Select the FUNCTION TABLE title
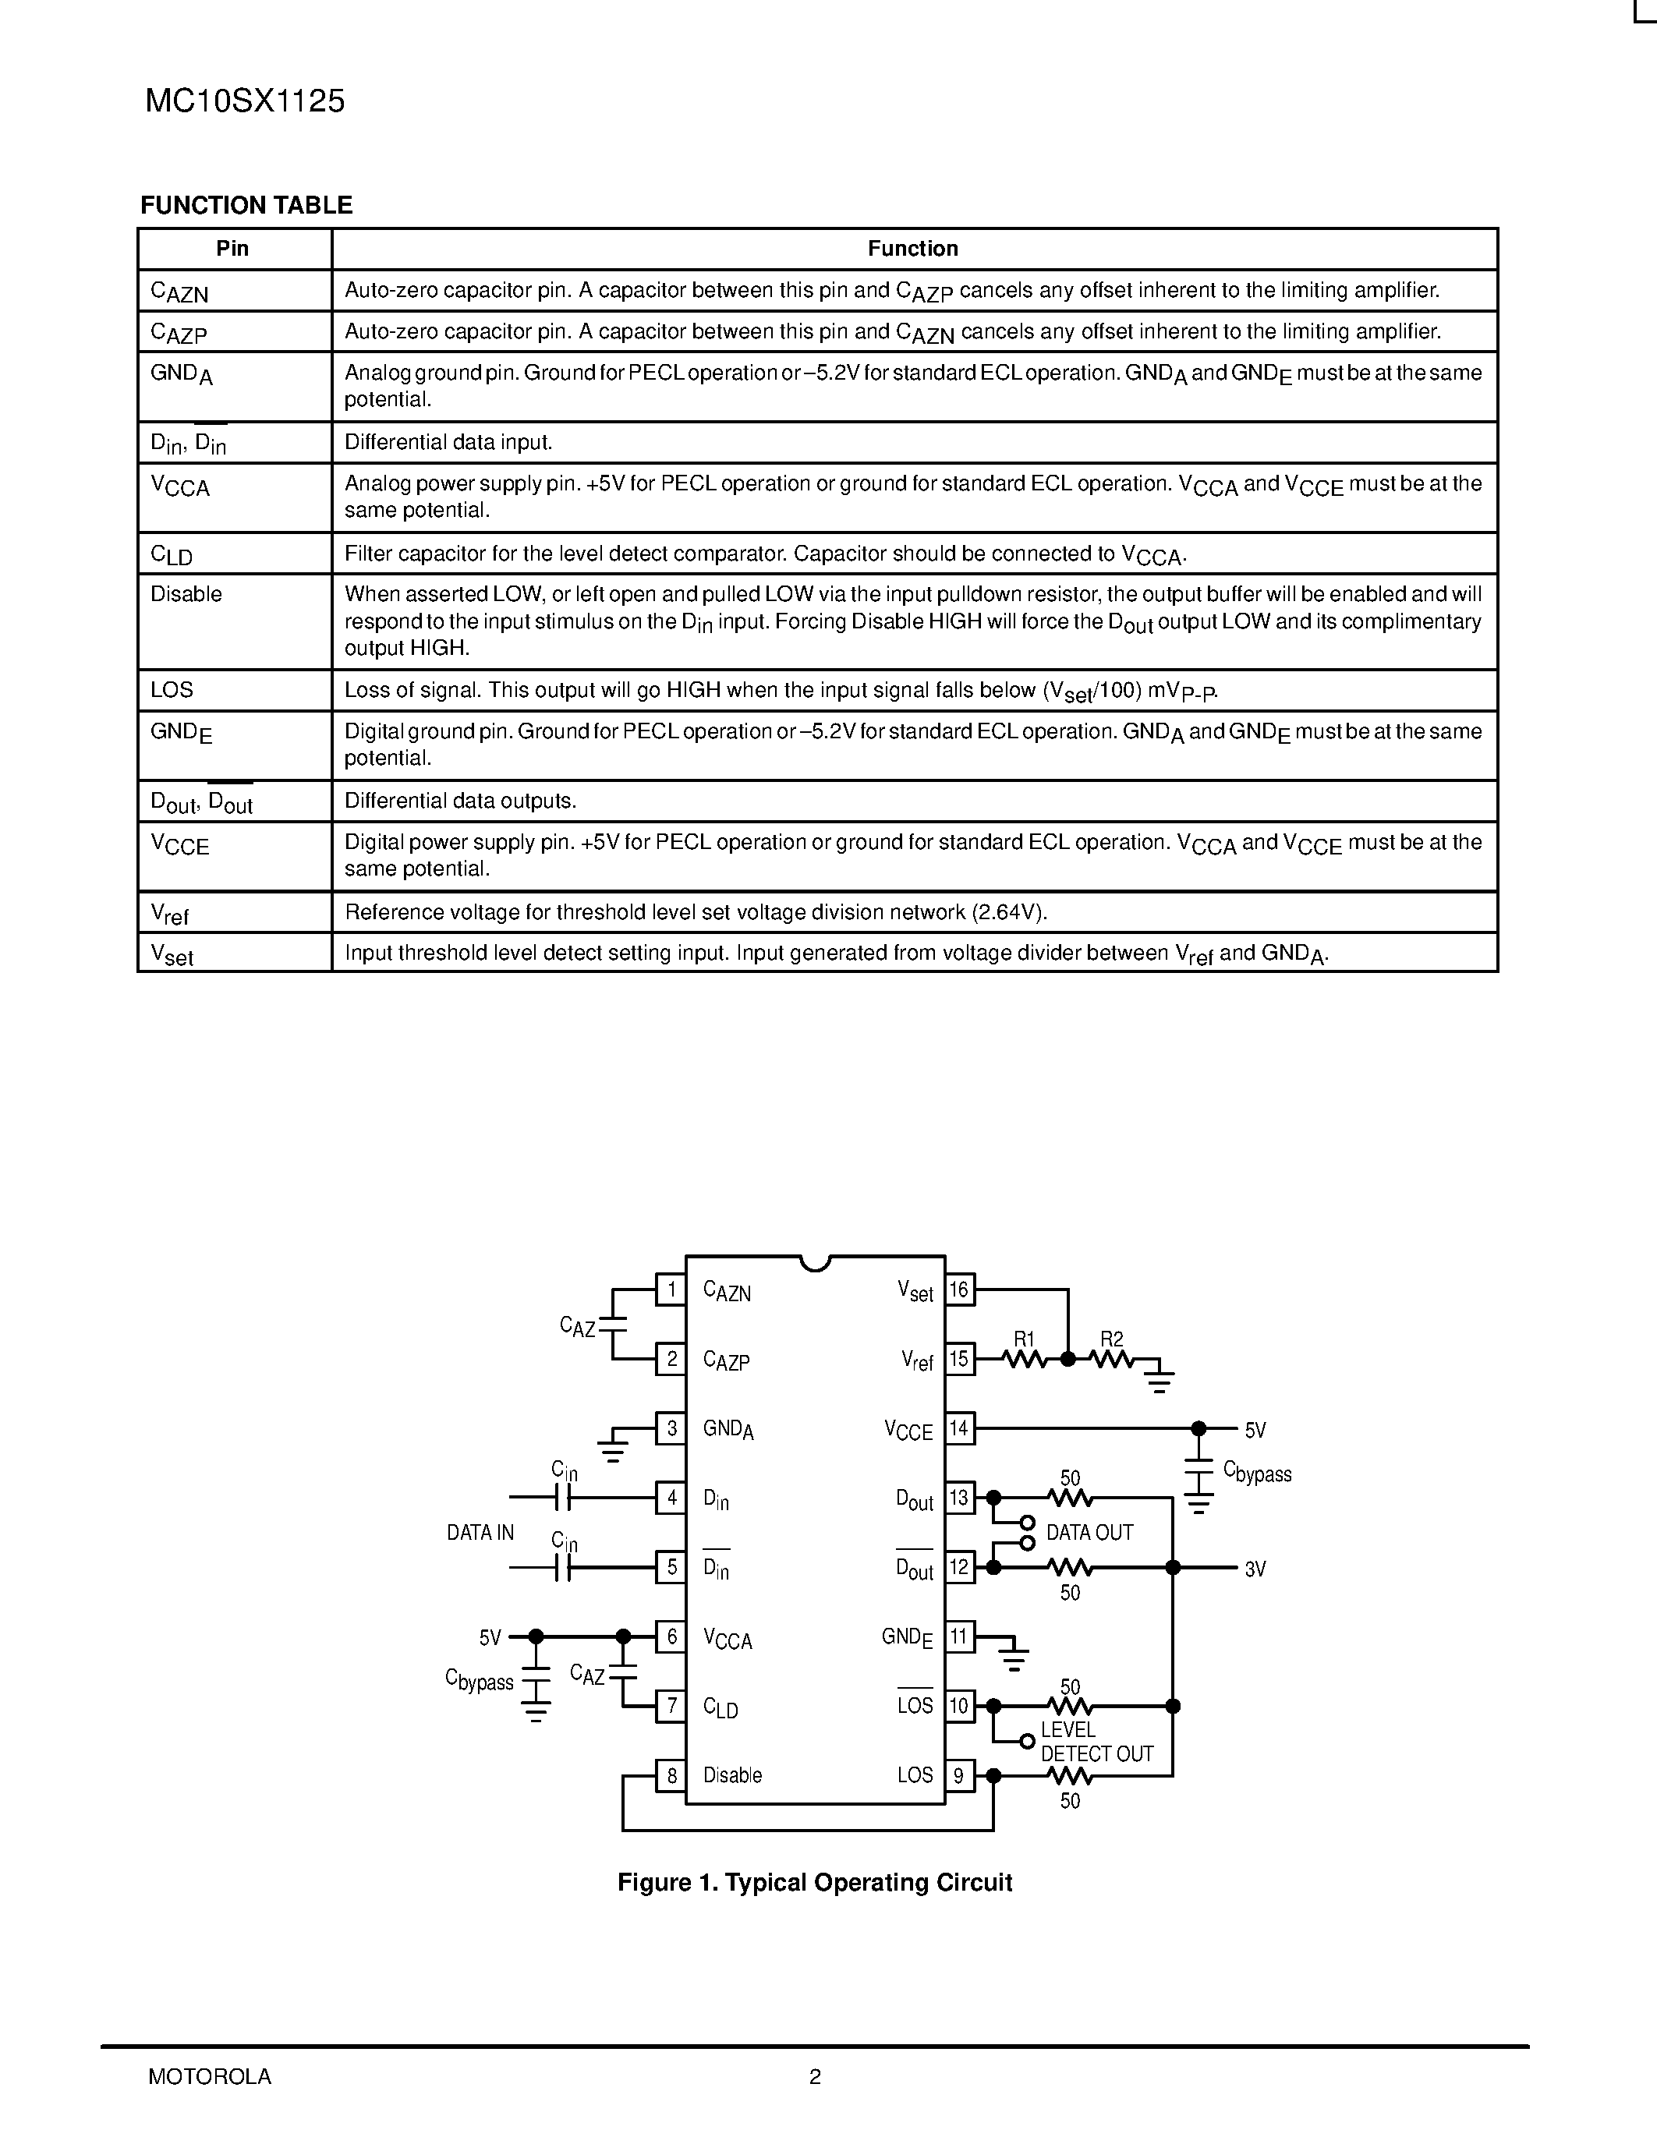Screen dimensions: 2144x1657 (x=246, y=205)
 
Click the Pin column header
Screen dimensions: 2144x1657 (x=232, y=249)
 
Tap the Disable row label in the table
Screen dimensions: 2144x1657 (x=186, y=594)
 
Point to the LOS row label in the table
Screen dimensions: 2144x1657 (x=172, y=689)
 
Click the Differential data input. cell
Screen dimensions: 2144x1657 (x=448, y=442)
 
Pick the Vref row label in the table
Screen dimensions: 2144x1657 (x=170, y=914)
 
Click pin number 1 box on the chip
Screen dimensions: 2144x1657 (x=671, y=1289)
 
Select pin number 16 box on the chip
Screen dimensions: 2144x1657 (x=959, y=1289)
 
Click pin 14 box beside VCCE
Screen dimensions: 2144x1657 (x=959, y=1428)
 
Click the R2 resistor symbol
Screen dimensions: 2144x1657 (x=1112, y=1360)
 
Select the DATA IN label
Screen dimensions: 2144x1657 (x=480, y=1533)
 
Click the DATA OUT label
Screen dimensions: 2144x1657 (x=1089, y=1533)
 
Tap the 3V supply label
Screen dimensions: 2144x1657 (x=1255, y=1569)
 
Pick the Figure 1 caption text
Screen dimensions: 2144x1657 (x=815, y=1883)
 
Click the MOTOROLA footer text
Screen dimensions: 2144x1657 (x=210, y=2076)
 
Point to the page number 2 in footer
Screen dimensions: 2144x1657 (x=815, y=2076)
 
